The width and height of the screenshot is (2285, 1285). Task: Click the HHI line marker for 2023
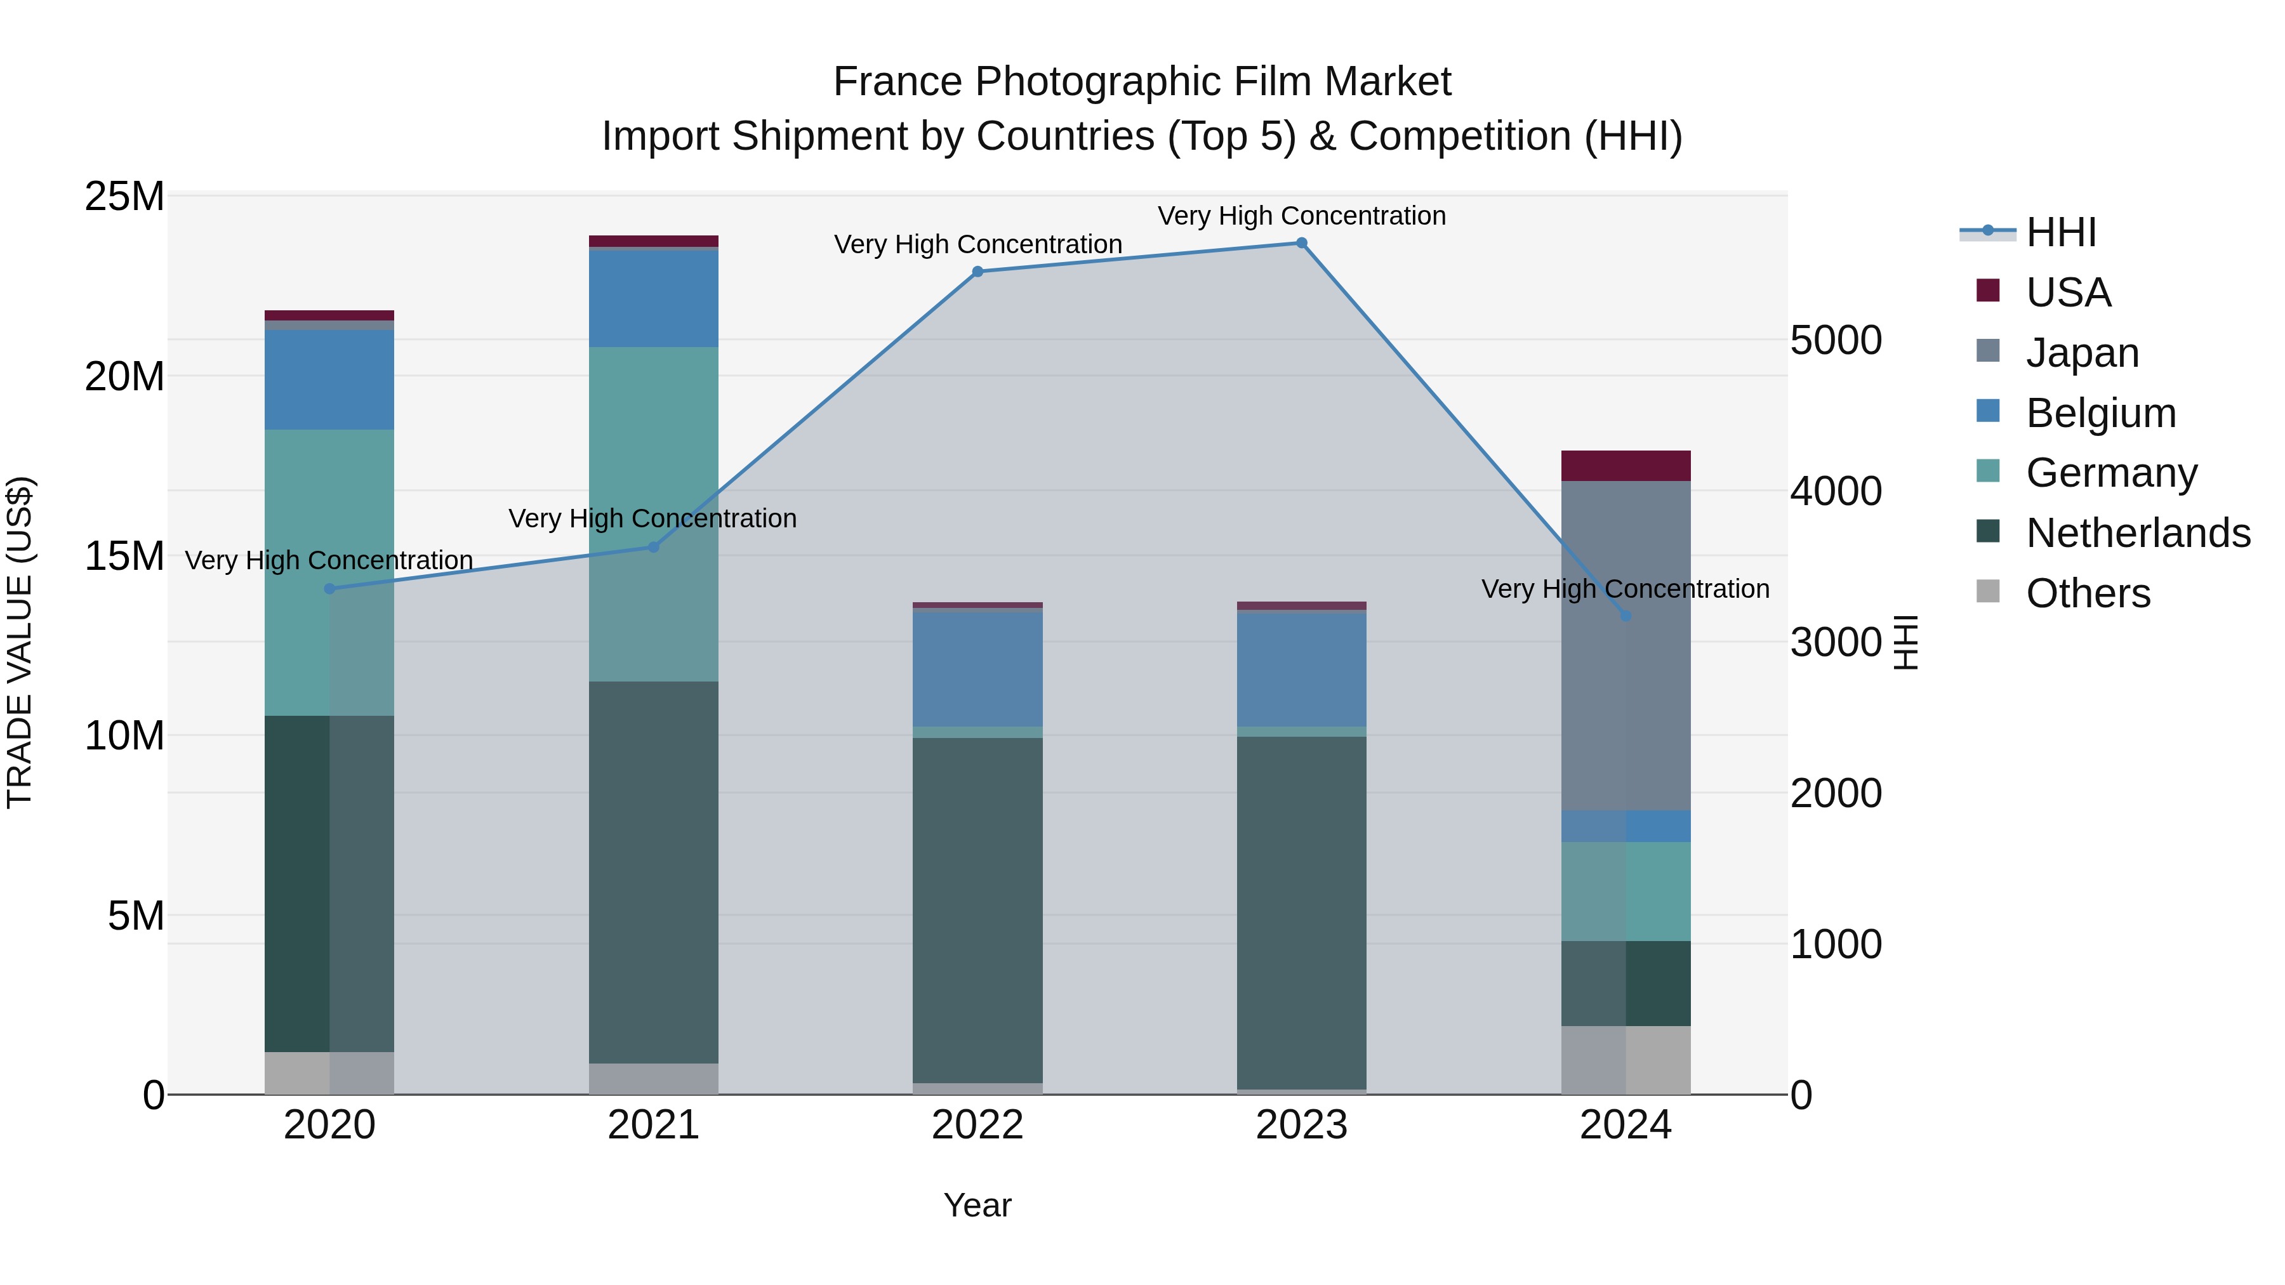click(x=1301, y=243)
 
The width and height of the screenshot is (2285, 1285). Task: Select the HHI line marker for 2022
click(x=977, y=272)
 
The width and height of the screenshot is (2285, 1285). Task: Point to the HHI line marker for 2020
click(x=329, y=589)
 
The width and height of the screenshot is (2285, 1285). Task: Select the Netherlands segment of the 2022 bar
click(x=977, y=910)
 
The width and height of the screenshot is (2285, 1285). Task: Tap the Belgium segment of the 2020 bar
click(x=329, y=379)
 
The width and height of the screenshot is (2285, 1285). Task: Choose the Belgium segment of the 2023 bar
click(x=1301, y=669)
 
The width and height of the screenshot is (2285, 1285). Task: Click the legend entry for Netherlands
click(x=2138, y=533)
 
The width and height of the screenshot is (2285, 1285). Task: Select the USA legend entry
click(x=2068, y=293)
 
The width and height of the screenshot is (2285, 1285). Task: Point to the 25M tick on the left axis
click(x=124, y=196)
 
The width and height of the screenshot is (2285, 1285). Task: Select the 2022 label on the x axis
click(x=977, y=1125)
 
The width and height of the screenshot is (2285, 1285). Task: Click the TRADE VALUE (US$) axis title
click(x=20, y=642)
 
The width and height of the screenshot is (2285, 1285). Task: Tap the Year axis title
click(x=977, y=1205)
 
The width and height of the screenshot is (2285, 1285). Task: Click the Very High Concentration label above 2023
click(x=1301, y=216)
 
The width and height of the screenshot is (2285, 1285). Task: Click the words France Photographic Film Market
click(x=1142, y=82)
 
